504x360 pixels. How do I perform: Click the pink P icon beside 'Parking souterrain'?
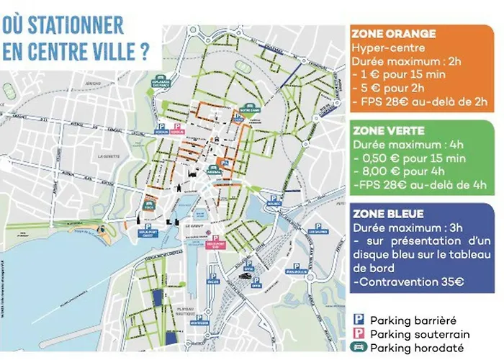tap(358, 333)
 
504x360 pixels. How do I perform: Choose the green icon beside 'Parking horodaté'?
tap(358, 347)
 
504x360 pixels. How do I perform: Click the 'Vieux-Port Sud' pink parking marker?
tap(233, 243)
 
